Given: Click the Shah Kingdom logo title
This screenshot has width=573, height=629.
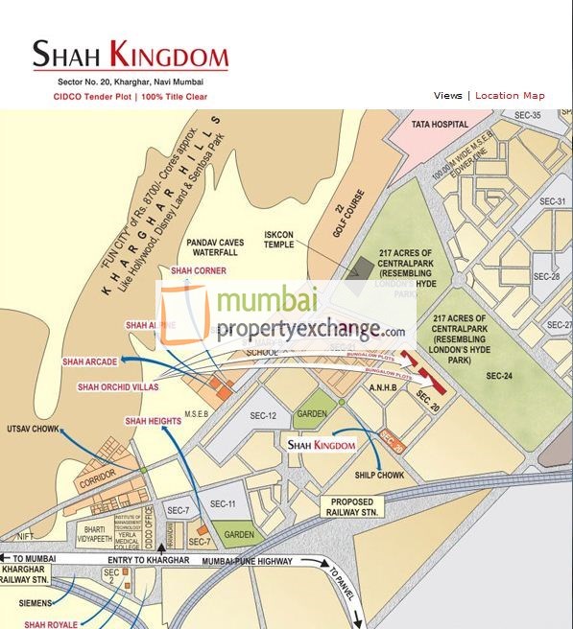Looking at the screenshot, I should pos(131,54).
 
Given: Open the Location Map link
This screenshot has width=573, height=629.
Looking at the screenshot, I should pos(510,96).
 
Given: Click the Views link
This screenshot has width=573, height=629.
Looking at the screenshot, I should pos(447,96).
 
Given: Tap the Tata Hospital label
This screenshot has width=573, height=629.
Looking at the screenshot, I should pos(440,125).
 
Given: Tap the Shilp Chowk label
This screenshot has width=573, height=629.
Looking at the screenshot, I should pos(378,476).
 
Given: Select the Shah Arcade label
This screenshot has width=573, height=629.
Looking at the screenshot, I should pos(90,361).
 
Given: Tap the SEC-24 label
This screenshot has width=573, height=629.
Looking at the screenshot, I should pos(500,375).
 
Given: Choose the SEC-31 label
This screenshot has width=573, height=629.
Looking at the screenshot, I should pos(553,201).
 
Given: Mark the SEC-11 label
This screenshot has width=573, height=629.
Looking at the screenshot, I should pos(223,503).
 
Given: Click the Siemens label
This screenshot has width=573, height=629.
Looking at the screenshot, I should pos(38,605).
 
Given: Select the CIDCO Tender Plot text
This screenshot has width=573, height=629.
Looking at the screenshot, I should pos(93,97).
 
